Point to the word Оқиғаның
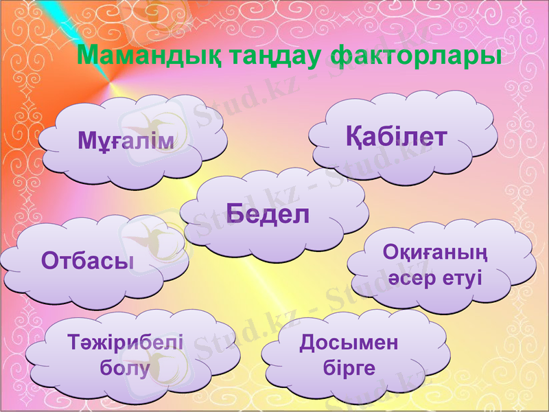(x=435, y=254)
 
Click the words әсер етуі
(x=435, y=278)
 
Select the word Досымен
(x=349, y=343)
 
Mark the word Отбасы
(x=87, y=260)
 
